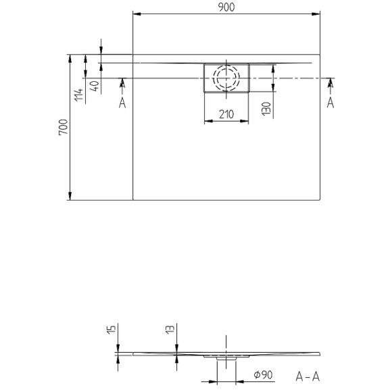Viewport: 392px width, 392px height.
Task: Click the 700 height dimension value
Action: coord(62,128)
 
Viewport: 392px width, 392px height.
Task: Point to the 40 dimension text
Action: coord(95,86)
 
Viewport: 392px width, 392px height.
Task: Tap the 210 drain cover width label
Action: coord(226,114)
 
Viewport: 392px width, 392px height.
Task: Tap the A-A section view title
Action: coord(308,375)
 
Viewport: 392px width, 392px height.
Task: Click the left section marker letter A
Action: coord(122,102)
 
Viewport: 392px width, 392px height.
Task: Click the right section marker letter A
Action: coord(330,102)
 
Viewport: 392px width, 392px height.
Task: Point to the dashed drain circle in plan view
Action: coord(226,78)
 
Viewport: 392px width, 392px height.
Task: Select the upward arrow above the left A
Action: coord(122,83)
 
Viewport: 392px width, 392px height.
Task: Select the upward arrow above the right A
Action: coord(330,83)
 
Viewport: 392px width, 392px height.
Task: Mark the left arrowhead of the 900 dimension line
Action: coord(136,14)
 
